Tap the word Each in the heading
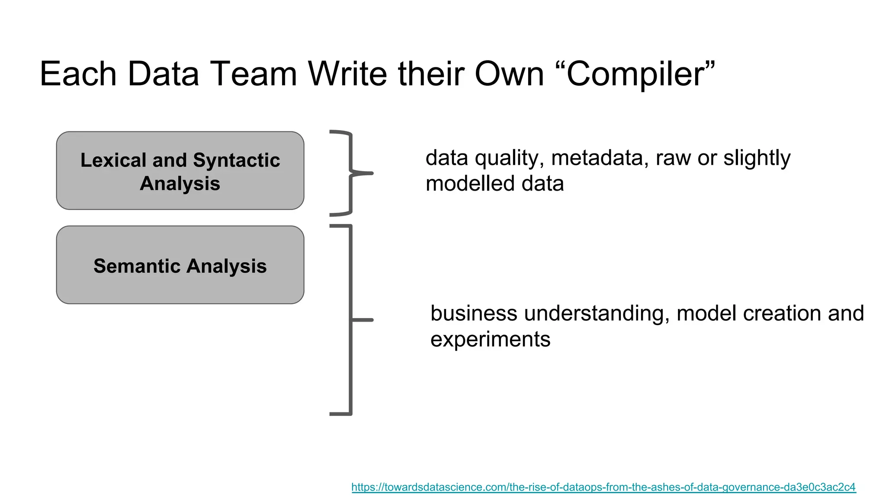pyautogui.click(x=78, y=74)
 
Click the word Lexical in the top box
pyautogui.click(x=113, y=160)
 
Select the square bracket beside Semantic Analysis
pyautogui.click(x=350, y=320)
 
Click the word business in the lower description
pyautogui.click(x=474, y=313)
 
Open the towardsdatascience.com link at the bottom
pyautogui.click(x=603, y=487)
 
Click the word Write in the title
pyautogui.click(x=351, y=74)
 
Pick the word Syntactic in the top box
pyautogui.click(x=236, y=160)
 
